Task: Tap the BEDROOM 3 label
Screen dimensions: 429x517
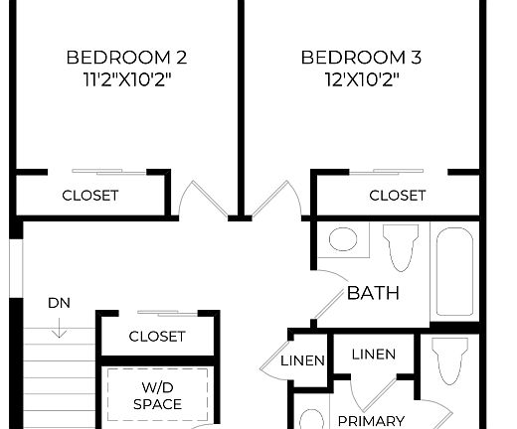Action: point(361,57)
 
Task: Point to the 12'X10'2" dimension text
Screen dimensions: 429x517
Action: point(361,79)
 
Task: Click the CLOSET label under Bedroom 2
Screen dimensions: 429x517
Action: point(90,196)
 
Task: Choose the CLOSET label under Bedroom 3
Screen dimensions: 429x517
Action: point(398,196)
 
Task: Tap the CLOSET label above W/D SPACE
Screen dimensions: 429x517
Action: point(157,337)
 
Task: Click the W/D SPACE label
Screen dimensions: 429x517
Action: point(158,395)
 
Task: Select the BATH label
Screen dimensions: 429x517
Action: point(373,293)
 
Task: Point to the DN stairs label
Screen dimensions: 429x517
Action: point(58,303)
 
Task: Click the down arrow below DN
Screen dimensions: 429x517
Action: point(58,326)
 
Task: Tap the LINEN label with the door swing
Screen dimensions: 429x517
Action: point(302,360)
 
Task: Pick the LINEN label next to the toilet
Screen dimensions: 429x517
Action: point(373,355)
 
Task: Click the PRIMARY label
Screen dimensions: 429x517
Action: point(371,420)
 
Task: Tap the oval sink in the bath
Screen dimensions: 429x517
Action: point(343,239)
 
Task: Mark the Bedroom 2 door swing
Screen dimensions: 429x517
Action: point(206,199)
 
